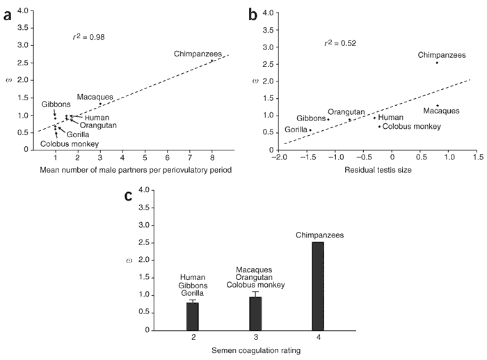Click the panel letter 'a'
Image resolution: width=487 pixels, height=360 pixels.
point(8,13)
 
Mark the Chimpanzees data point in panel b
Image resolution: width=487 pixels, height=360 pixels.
point(437,63)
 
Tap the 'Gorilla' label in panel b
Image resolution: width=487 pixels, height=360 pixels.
point(296,130)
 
